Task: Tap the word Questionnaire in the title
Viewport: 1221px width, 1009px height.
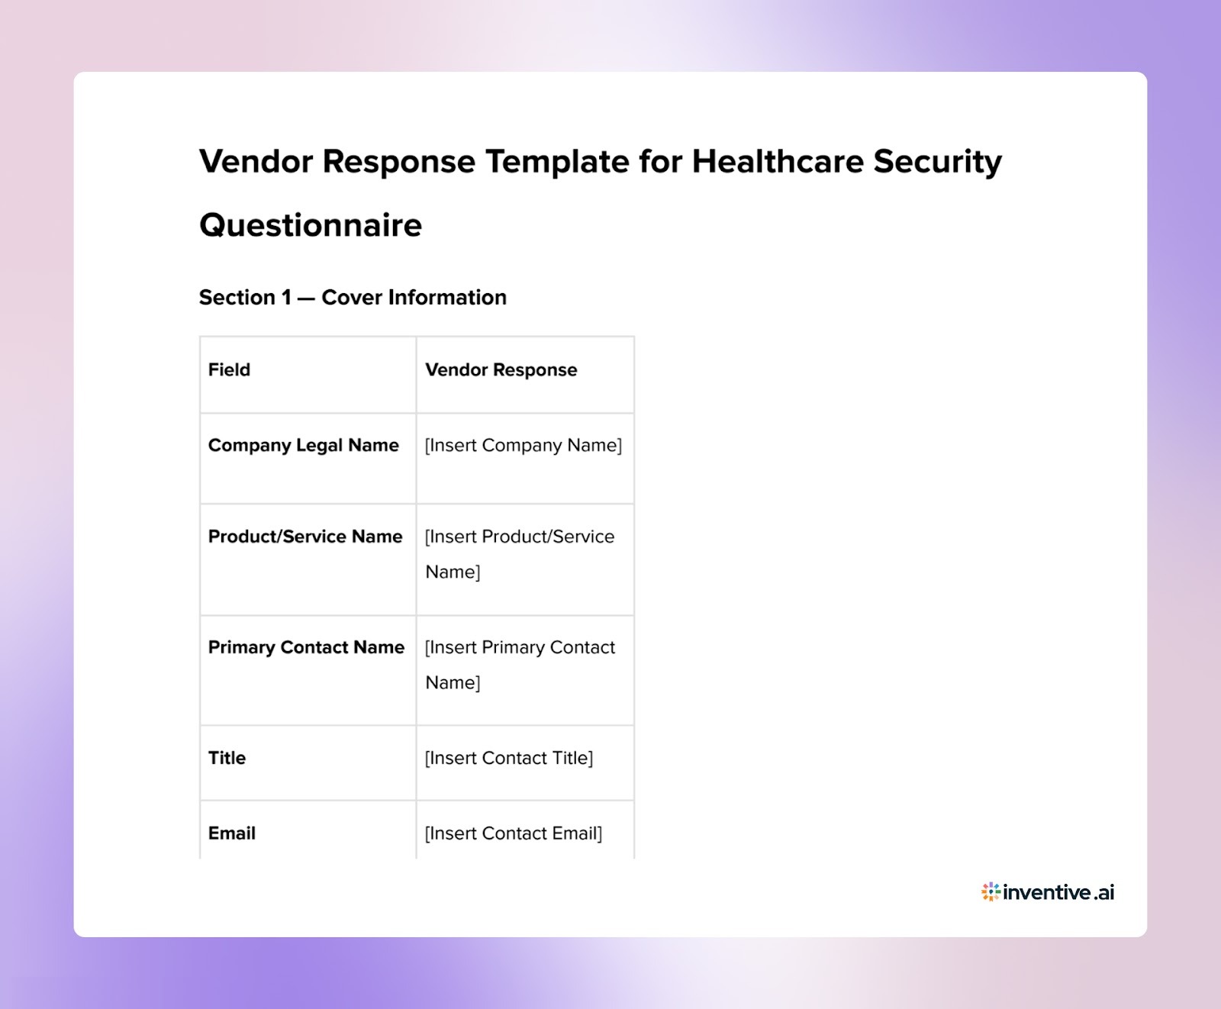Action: [311, 225]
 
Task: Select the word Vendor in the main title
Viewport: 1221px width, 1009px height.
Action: [256, 162]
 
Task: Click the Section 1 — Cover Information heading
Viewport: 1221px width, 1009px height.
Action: [353, 298]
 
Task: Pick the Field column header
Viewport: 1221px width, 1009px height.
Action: [229, 370]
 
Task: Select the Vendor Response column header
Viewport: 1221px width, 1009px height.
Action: [501, 370]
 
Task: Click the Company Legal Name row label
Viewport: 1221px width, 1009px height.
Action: [303, 446]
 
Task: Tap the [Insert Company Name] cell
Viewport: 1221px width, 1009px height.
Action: [523, 446]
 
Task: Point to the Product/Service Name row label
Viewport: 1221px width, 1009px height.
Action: [304, 537]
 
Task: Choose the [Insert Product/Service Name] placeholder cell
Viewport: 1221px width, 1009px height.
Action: [519, 553]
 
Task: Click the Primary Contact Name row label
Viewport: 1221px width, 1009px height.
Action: [306, 647]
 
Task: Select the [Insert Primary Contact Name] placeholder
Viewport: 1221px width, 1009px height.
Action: [519, 664]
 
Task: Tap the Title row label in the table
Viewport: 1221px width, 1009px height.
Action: [227, 758]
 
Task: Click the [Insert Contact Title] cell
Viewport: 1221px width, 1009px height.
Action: [508, 758]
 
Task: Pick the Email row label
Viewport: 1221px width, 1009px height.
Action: [231, 833]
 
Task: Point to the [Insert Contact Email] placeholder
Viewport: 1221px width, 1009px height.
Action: [513, 833]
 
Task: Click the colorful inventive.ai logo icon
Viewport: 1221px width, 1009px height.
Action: [990, 891]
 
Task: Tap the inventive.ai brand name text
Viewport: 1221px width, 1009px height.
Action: [1058, 892]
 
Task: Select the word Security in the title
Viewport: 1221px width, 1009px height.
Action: [937, 162]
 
